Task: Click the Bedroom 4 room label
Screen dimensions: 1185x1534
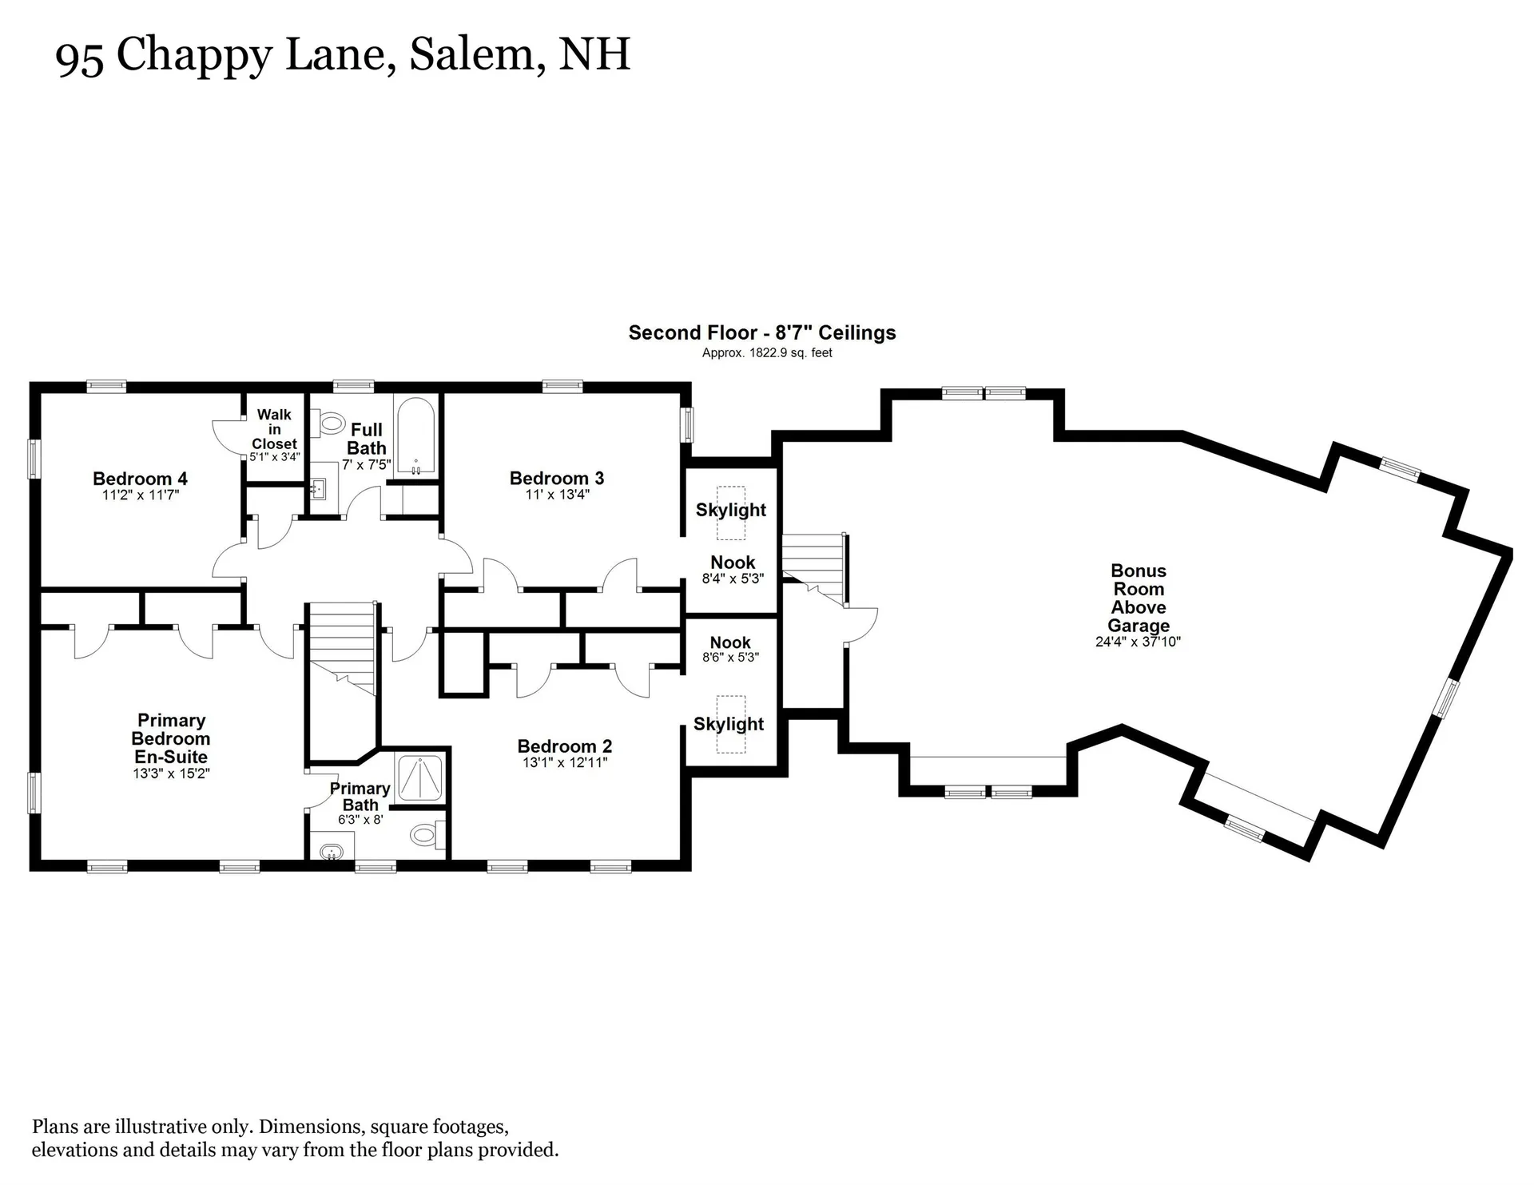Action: [x=140, y=479]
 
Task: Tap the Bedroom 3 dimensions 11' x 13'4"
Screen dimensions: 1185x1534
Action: [x=557, y=495]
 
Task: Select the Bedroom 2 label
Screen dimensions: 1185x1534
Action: [x=564, y=746]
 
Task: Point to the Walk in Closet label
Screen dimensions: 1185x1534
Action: [x=274, y=429]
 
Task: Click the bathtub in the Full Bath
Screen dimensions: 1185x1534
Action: [x=415, y=436]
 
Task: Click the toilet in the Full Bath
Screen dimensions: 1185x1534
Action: [x=329, y=422]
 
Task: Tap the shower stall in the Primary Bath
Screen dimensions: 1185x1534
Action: [x=419, y=777]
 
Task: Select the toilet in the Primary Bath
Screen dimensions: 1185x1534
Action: [x=425, y=836]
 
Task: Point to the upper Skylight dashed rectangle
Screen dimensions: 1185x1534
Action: [x=730, y=513]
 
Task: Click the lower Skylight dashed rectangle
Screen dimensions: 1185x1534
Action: [x=730, y=724]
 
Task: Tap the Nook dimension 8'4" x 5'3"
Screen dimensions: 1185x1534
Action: [x=733, y=579]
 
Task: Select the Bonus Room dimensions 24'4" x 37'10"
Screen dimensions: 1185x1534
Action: [x=1138, y=642]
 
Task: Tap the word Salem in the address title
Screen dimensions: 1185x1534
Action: [x=472, y=54]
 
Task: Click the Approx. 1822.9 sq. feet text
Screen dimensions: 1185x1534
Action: [x=767, y=353]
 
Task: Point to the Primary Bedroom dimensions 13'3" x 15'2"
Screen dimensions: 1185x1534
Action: [x=171, y=773]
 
